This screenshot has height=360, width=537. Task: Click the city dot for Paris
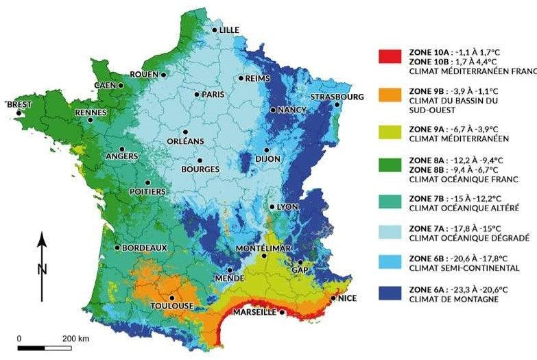pos(197,94)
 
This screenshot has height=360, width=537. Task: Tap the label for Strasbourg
pos(337,97)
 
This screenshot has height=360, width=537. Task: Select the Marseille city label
pos(255,312)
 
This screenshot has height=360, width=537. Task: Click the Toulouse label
pos(172,306)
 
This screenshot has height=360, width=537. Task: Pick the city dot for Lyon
pos(272,206)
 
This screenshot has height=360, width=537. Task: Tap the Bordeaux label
pos(145,248)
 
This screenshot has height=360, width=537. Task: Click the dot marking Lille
pos(215,29)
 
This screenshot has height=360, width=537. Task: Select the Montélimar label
pos(263,247)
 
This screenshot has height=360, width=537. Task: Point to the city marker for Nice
pos(333,298)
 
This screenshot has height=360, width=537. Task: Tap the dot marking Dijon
pos(267,150)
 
